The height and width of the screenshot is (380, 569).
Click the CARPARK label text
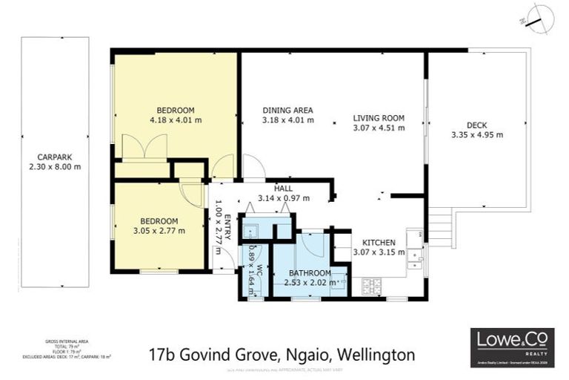point(55,157)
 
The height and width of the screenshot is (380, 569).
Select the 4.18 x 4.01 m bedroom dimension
point(176,119)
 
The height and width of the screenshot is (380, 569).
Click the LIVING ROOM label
point(378,117)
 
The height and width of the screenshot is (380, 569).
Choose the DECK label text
point(476,125)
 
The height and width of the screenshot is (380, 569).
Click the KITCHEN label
point(378,242)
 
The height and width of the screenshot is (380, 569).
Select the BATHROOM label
point(310,273)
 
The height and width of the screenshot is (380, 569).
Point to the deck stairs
point(442,229)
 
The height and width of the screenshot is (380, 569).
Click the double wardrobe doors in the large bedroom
point(145,147)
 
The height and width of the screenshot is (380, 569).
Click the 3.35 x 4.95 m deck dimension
point(476,134)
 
